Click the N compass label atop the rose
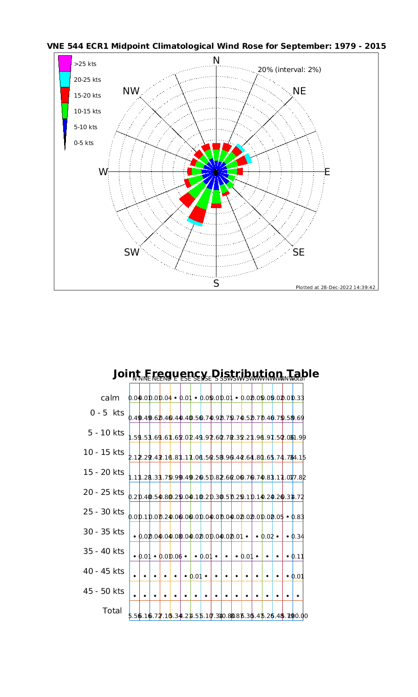(216, 60)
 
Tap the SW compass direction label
(132, 252)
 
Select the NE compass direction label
(300, 91)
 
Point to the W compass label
(103, 172)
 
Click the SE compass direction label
(299, 252)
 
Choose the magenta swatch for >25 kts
(65, 64)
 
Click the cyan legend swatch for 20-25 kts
(65, 79)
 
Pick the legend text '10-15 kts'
(87, 112)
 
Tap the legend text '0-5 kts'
(84, 143)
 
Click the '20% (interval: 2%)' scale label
(289, 70)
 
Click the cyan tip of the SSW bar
(195, 223)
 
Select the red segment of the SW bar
(187, 200)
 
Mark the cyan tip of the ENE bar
(249, 158)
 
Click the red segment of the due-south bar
(216, 205)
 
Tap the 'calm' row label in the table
(111, 398)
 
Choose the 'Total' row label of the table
(112, 611)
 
